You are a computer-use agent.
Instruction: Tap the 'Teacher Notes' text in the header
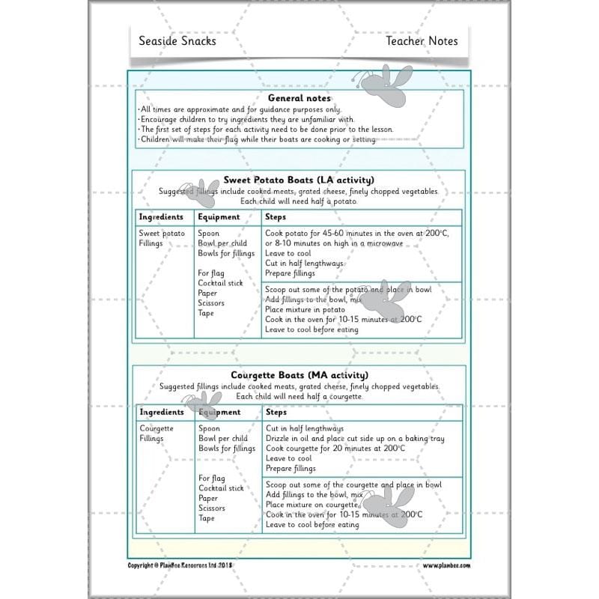click(422, 41)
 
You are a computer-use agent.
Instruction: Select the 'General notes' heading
click(299, 98)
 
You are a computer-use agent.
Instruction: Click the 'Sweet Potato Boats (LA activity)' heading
click(299, 180)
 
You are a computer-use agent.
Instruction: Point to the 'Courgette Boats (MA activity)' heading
click(299, 374)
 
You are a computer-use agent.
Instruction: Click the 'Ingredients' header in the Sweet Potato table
click(161, 217)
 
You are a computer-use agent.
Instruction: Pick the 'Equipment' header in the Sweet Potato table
click(219, 217)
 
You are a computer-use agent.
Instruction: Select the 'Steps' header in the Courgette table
click(276, 412)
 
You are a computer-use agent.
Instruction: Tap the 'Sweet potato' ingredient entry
click(162, 234)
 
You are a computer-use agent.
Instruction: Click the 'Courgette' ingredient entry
click(156, 429)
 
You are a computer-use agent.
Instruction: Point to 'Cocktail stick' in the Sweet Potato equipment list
click(220, 283)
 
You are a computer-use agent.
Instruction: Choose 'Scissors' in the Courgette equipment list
click(211, 508)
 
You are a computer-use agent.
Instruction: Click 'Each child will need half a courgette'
click(299, 396)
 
